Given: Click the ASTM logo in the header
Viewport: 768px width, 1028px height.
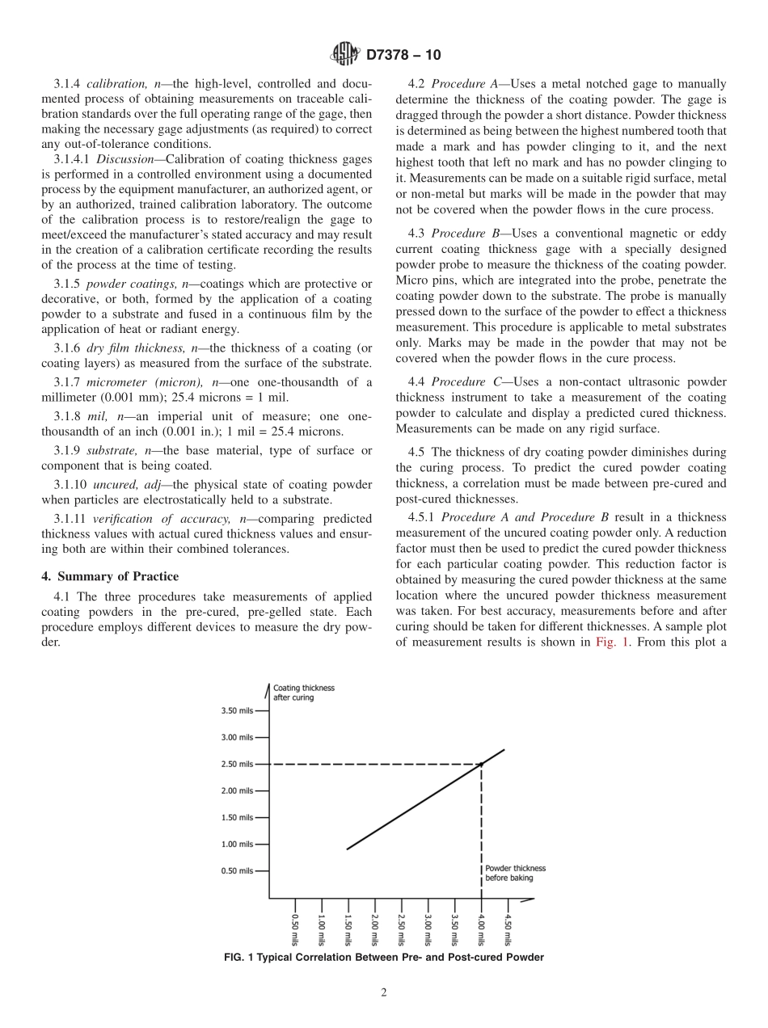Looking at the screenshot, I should (345, 55).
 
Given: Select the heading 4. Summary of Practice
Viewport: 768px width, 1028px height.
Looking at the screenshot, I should (110, 576).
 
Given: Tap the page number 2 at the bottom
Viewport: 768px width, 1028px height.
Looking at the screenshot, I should (384, 993).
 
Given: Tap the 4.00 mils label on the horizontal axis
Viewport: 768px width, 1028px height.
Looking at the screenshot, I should (481, 929).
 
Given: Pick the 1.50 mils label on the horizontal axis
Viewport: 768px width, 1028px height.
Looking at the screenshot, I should (348, 929).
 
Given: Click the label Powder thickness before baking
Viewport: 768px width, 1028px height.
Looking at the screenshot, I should (515, 873).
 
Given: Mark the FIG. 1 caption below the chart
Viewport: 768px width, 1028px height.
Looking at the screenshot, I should (383, 957).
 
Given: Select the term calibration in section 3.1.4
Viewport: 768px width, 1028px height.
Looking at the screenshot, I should (116, 83).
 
